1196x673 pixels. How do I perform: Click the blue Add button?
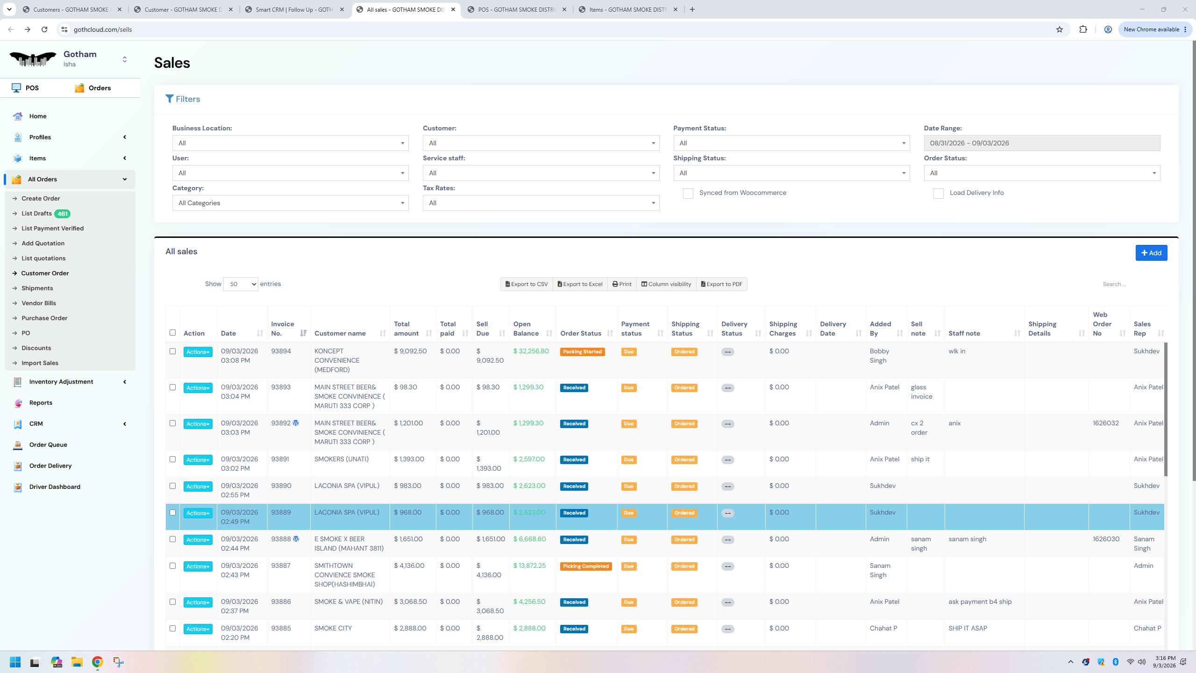1151,253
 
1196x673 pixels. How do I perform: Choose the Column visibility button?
666,284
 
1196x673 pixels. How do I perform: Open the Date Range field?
1042,143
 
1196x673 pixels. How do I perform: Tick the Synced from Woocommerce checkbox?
688,193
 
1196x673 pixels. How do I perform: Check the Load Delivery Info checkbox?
938,193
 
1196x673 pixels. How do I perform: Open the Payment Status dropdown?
791,143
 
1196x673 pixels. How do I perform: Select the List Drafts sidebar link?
36,214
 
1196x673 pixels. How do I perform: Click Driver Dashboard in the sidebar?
55,487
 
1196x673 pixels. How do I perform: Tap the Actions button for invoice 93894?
198,352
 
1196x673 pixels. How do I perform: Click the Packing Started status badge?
582,352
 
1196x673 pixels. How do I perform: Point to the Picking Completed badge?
586,566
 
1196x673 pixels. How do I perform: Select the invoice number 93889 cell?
281,512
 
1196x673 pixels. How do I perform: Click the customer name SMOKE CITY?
333,628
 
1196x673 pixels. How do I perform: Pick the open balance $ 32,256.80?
531,351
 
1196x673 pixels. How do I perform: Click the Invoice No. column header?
283,329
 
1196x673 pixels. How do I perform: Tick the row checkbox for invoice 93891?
172,459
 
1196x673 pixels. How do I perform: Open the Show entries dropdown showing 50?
241,284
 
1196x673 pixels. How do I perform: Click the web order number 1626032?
1106,423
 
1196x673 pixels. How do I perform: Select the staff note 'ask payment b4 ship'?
980,601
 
